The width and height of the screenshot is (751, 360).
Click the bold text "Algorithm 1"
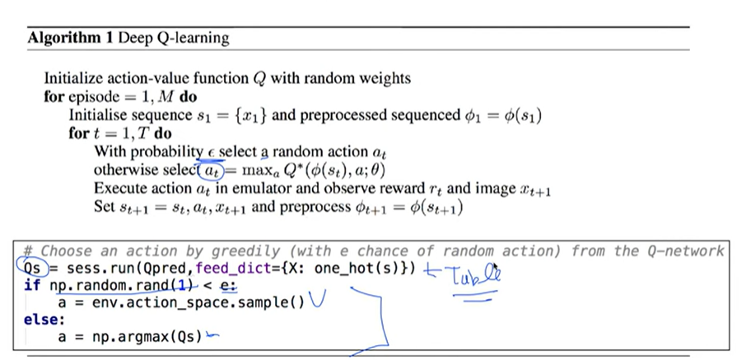pyautogui.click(x=70, y=38)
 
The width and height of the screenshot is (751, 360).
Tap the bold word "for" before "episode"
pyautogui.click(x=54, y=96)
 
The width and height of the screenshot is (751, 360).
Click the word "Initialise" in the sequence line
pyautogui.click(x=96, y=115)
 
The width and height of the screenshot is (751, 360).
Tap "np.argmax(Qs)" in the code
pyautogui.click(x=147, y=337)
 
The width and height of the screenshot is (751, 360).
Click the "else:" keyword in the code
pyautogui.click(x=44, y=320)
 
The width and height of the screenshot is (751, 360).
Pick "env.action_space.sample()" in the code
pyautogui.click(x=198, y=303)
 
